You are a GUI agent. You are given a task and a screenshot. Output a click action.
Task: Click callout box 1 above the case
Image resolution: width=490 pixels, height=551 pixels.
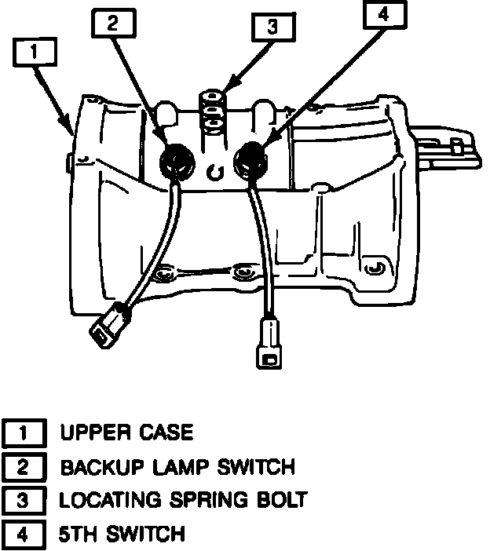35,53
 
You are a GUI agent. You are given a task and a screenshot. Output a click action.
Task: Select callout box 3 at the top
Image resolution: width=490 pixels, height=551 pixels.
272,27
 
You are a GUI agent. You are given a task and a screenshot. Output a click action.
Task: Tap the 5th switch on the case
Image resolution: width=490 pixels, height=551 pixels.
250,161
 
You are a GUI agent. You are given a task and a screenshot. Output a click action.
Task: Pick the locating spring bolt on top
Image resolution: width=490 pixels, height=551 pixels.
210,111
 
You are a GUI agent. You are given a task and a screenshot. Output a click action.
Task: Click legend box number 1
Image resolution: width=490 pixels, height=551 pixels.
24,432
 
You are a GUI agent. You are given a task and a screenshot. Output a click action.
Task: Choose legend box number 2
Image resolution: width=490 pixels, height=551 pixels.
24,467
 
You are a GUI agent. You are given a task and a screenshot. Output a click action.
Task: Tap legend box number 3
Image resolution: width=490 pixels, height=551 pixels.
24,501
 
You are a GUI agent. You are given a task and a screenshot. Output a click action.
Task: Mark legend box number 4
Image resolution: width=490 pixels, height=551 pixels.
24,535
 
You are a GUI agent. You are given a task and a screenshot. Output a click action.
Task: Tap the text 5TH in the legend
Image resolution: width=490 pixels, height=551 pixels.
79,535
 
